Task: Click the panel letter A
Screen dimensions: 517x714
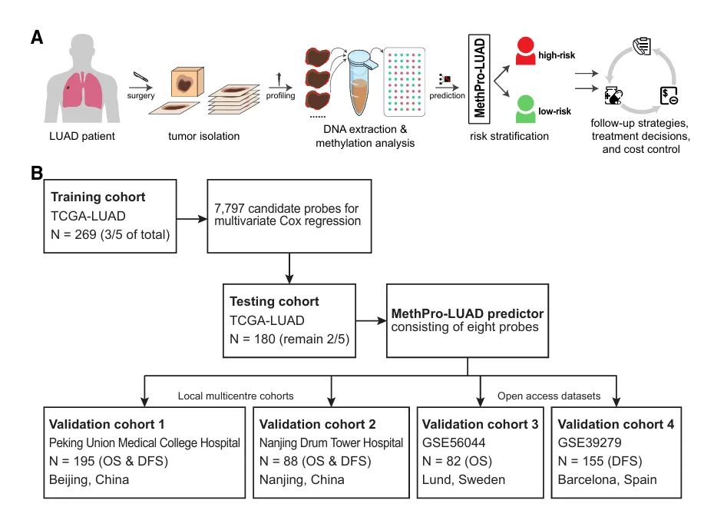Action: coord(36,36)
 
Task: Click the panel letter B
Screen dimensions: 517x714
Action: coord(36,174)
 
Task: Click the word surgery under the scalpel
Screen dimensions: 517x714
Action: coord(141,96)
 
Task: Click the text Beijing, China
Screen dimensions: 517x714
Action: coord(89,479)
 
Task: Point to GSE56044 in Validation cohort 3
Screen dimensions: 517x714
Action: coord(454,442)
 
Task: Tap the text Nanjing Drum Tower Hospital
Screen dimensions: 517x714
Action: coord(331,442)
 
